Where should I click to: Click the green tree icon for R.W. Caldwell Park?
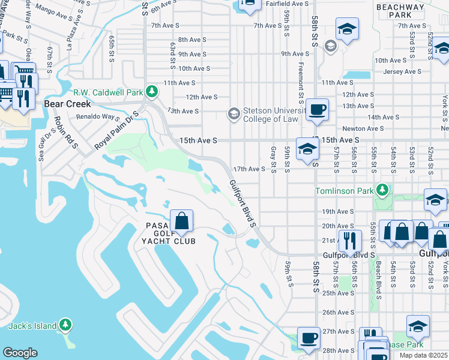[x=152, y=92]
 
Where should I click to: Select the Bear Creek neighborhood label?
[x=67, y=104]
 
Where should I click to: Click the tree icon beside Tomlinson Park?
[x=382, y=191]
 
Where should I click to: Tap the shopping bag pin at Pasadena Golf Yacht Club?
[x=182, y=220]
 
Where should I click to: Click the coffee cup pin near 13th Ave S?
[x=317, y=109]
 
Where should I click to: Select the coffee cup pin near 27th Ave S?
[x=309, y=338]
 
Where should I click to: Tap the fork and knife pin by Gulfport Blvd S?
[x=350, y=241]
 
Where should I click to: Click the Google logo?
[x=20, y=352]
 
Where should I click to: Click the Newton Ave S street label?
[x=363, y=128]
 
